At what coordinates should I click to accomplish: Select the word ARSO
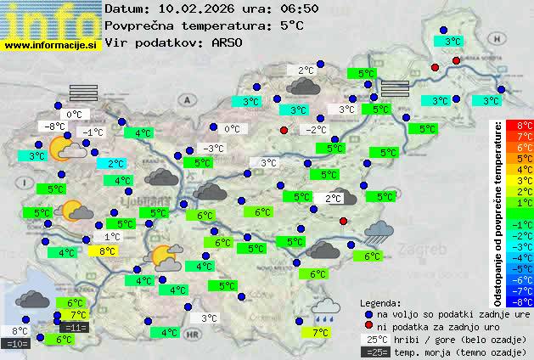229,42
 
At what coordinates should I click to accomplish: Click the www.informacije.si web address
51,44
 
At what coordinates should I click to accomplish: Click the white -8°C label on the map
56,127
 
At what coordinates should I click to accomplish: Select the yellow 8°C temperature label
107,251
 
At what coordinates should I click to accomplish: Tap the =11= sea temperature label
75,328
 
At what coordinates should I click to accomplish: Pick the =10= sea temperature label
17,344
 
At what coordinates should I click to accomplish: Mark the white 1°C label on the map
112,238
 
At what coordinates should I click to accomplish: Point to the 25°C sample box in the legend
375,339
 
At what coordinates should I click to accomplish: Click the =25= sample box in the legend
375,352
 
